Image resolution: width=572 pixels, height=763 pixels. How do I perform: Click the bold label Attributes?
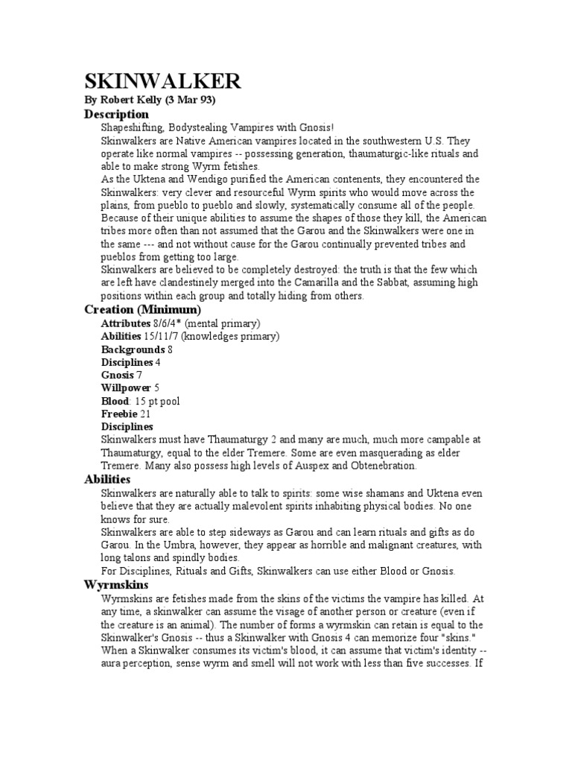[126, 323]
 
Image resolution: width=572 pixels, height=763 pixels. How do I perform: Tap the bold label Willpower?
[126, 388]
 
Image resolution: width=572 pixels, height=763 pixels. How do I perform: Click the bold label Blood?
[115, 402]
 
